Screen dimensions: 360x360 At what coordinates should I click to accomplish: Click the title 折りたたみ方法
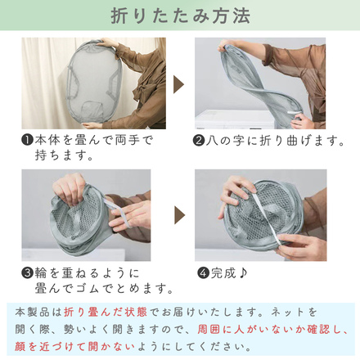click(180, 16)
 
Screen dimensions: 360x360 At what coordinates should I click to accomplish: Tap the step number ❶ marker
click(26, 141)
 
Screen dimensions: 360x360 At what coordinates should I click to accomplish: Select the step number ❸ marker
click(26, 273)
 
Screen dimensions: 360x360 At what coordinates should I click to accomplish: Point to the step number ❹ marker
click(203, 273)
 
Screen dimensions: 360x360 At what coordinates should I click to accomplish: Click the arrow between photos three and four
click(179, 215)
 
